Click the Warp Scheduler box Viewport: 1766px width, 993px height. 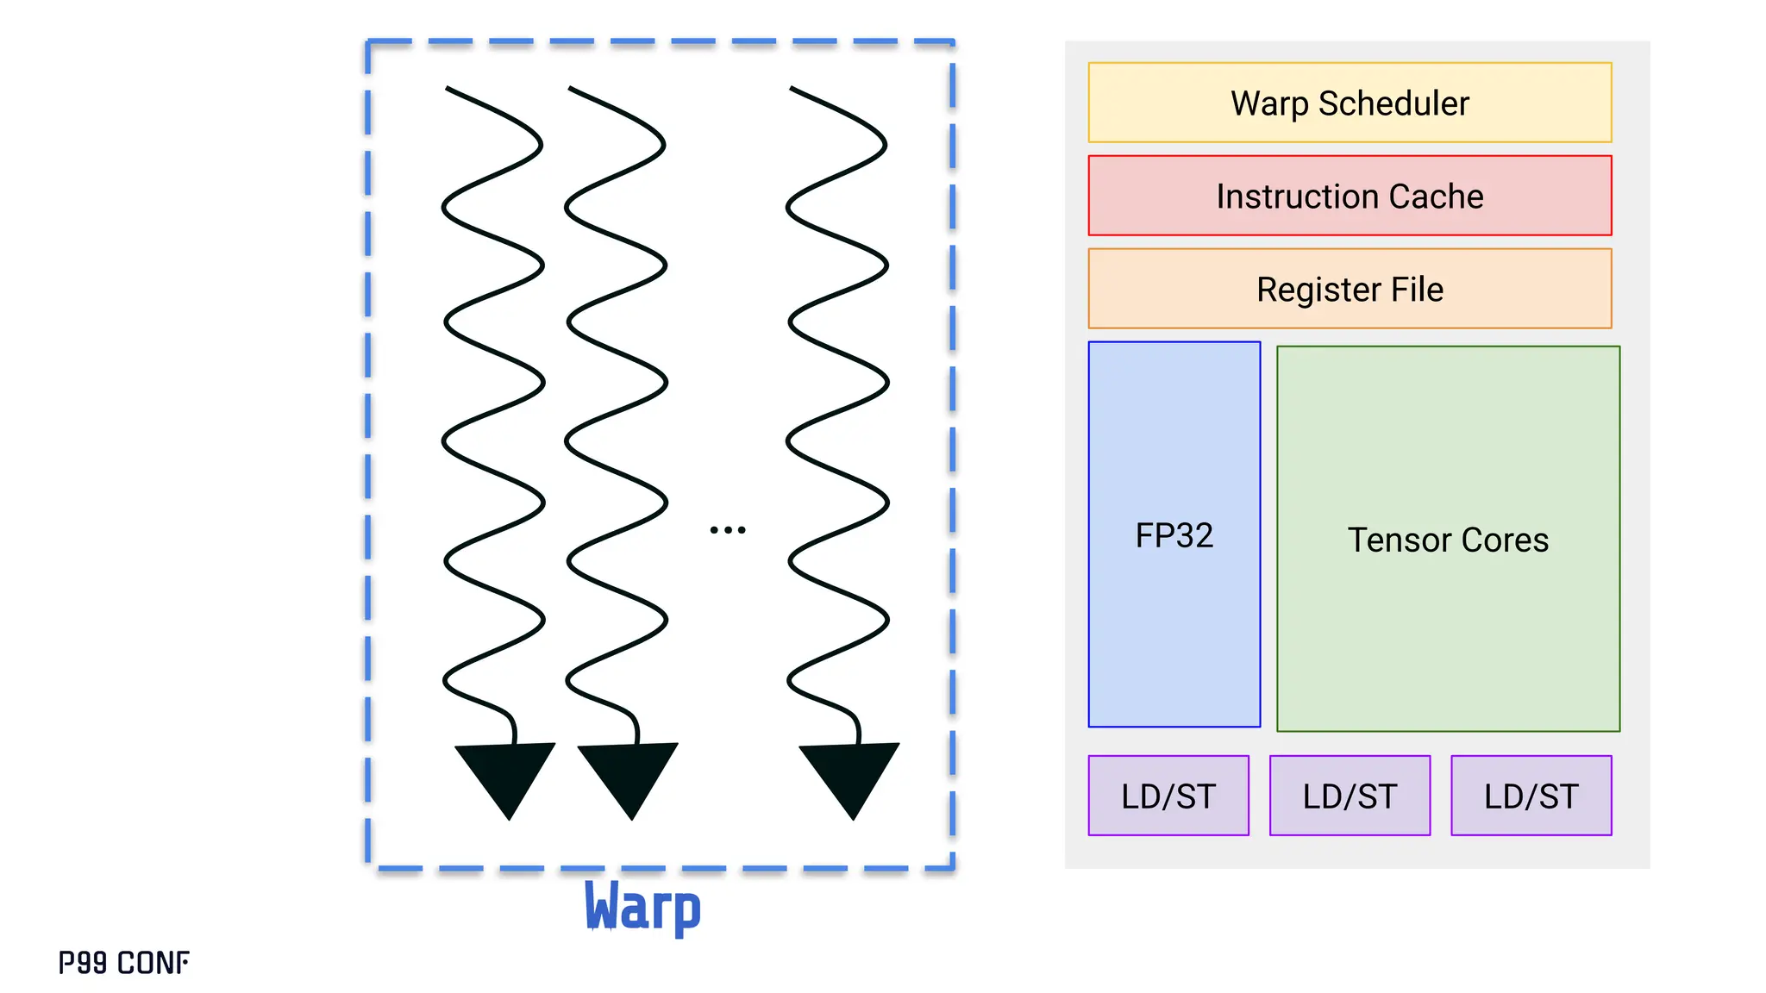[1350, 103]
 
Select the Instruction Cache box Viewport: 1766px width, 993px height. [1350, 196]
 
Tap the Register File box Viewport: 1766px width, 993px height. [1350, 289]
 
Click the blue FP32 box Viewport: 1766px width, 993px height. [1174, 535]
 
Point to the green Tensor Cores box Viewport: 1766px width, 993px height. [1448, 540]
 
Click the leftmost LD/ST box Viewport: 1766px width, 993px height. [1168, 796]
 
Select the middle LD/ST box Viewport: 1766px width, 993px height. [1350, 796]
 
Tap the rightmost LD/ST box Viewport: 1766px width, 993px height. [1531, 796]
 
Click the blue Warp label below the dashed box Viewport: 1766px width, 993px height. [642, 907]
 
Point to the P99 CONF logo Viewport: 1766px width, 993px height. [123, 962]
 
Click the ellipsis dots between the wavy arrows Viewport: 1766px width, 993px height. [727, 529]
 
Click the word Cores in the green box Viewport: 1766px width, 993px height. [1505, 540]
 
